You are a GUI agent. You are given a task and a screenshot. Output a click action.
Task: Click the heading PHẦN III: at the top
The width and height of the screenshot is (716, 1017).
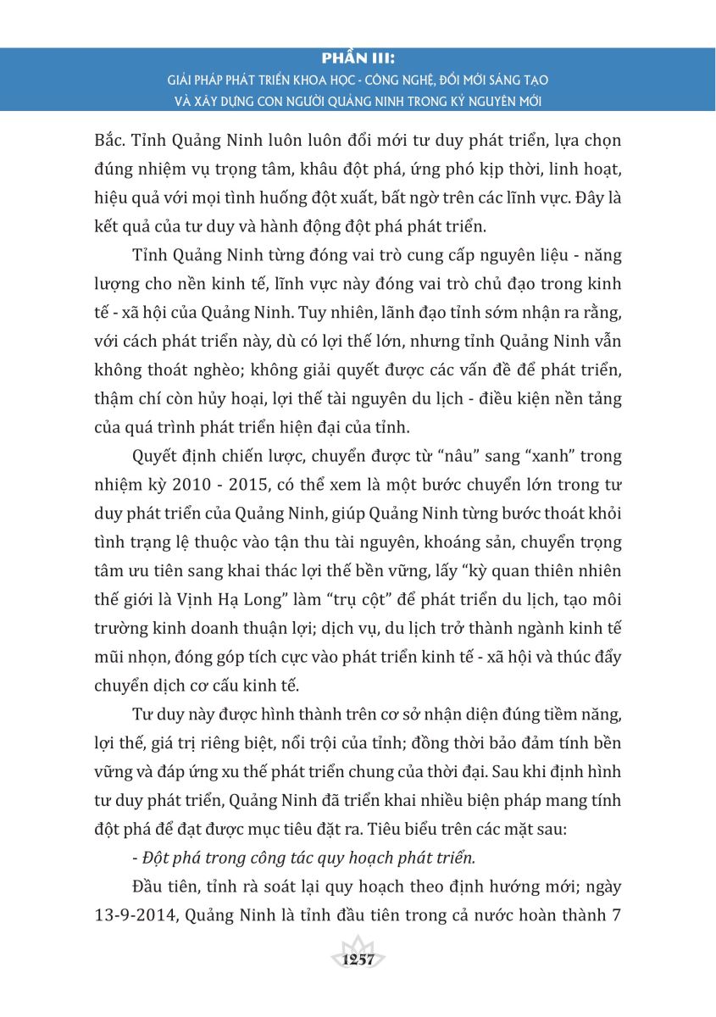pos(358,60)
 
